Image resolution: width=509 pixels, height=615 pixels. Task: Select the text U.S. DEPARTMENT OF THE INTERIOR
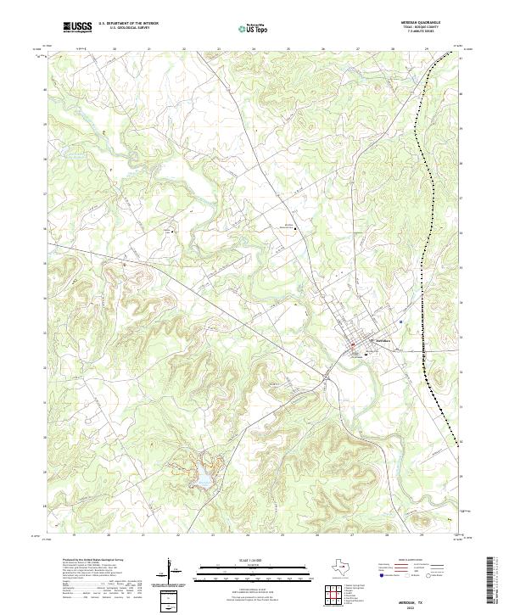[x=129, y=24]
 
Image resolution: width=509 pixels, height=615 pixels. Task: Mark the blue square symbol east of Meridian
[x=400, y=322]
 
